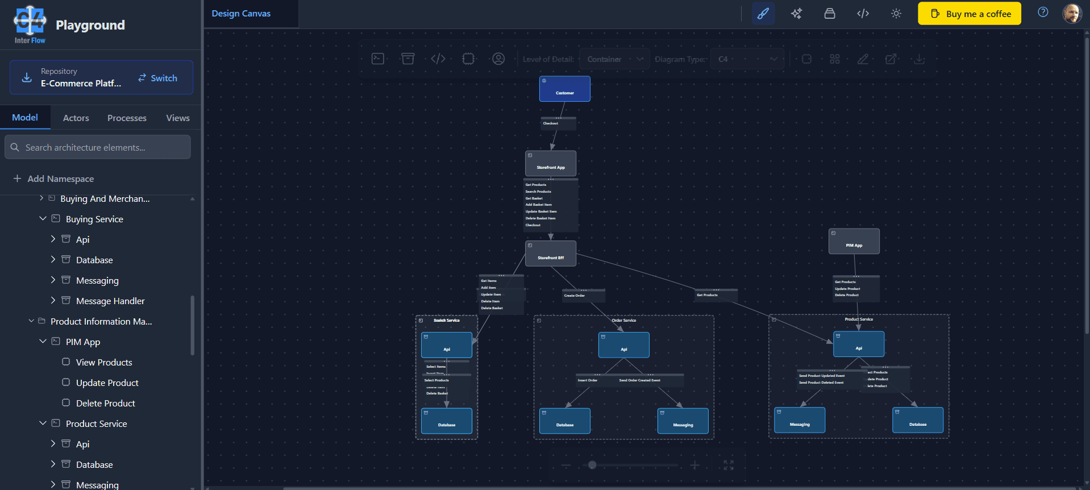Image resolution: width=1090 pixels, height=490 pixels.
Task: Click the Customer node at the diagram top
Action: [x=564, y=89]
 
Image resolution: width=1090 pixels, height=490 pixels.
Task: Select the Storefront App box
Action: [x=550, y=164]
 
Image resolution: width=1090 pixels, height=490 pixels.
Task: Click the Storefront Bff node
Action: [x=550, y=254]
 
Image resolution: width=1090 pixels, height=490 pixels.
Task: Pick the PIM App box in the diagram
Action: [x=854, y=242]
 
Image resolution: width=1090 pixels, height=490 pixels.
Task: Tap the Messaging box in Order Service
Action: [x=683, y=421]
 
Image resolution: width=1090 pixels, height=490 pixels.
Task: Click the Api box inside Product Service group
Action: [x=858, y=344]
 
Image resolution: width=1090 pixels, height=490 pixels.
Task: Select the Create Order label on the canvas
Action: [x=575, y=296]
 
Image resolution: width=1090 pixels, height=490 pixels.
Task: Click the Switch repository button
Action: [x=157, y=78]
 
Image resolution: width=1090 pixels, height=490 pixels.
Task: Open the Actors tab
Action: [x=76, y=118]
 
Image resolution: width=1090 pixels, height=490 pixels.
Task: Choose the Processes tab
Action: [x=127, y=118]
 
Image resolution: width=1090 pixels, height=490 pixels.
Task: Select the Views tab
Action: [x=178, y=118]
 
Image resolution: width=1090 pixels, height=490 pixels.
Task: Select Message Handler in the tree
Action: [x=110, y=301]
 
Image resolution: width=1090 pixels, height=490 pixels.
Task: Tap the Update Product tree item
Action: [x=107, y=383]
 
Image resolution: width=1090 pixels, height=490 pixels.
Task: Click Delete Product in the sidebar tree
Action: [x=106, y=403]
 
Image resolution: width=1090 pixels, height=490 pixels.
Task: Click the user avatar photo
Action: [x=1072, y=14]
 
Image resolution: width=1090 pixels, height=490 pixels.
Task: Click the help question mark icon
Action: [x=1043, y=13]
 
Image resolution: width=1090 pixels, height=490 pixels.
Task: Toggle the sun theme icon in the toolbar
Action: [x=896, y=14]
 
